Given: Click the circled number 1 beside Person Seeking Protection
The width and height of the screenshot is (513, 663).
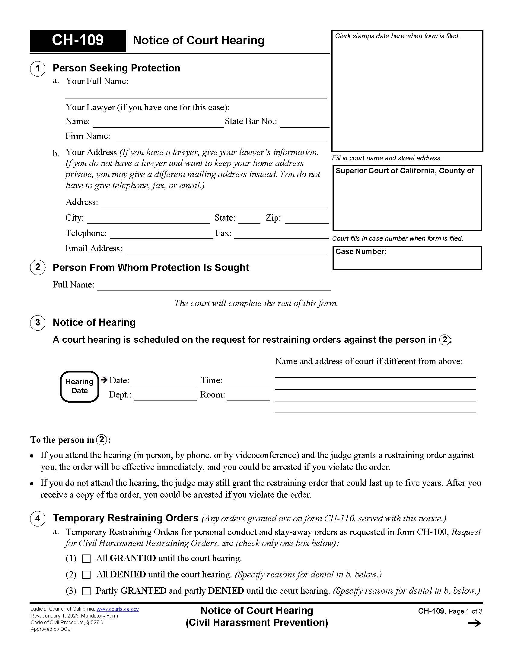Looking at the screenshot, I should click(38, 69).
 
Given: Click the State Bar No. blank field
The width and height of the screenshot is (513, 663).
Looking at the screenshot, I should click(304, 123).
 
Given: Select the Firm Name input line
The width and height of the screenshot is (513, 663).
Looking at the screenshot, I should click(221, 137).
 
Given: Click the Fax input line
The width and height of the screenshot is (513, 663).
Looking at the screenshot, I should click(281, 234).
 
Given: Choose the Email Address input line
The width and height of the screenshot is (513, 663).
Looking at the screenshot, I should click(226, 250).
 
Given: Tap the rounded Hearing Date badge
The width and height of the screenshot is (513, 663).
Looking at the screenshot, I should click(79, 386).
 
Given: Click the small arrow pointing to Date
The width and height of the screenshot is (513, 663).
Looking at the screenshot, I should click(104, 379).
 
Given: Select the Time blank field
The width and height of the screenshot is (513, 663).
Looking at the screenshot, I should click(247, 382).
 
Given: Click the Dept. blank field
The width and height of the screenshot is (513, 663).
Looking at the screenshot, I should click(165, 396).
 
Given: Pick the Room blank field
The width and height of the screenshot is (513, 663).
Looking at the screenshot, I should click(248, 396).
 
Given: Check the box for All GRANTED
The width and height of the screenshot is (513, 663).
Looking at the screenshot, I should click(87, 558).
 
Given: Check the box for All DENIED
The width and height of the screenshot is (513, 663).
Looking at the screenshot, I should click(87, 575).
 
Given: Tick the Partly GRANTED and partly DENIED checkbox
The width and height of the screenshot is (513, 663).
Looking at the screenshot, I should click(87, 591).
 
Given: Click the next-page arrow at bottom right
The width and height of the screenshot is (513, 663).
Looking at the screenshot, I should click(474, 624).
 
